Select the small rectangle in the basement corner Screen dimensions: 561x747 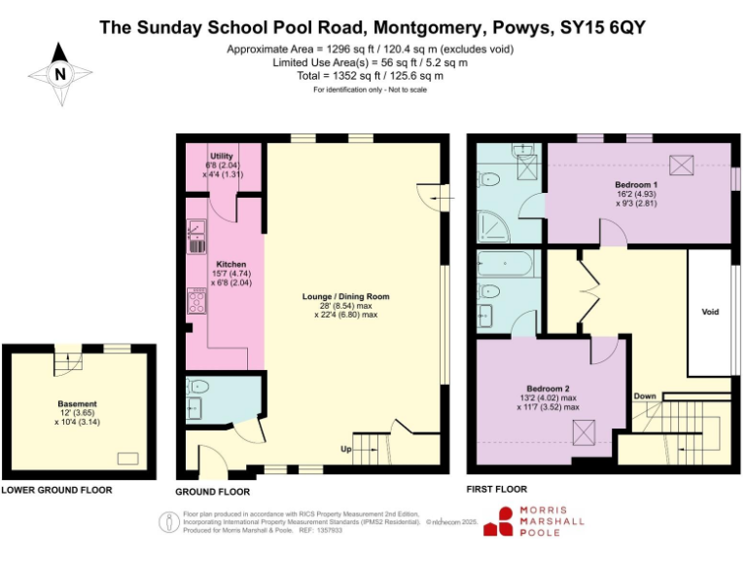tap(126, 457)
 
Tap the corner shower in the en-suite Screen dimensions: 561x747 tap(495, 226)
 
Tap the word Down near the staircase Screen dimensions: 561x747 tap(644, 396)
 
